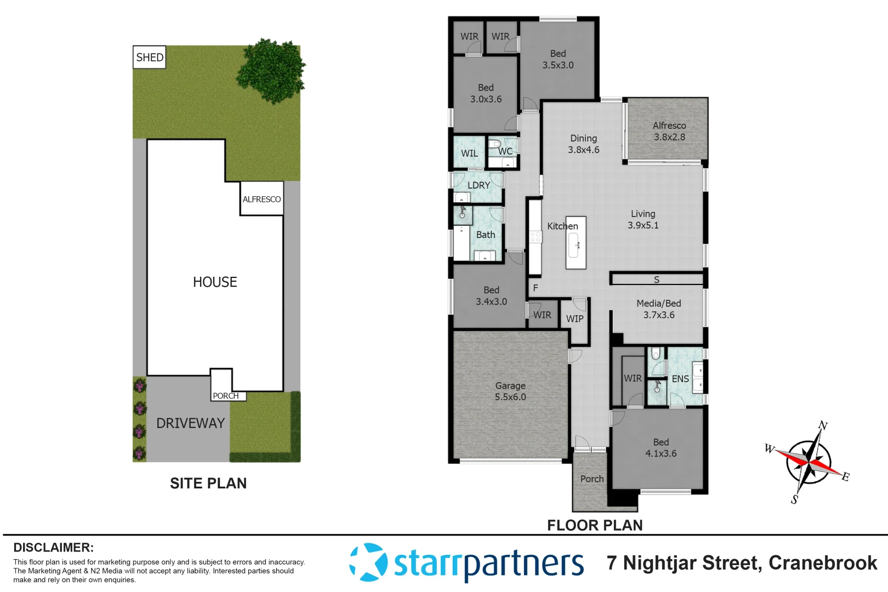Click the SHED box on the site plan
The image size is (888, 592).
149,58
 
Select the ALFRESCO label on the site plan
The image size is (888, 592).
261,200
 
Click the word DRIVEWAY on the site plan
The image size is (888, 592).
190,423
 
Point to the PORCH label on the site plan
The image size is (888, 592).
226,396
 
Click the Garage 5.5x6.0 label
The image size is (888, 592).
510,391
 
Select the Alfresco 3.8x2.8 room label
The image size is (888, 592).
669,132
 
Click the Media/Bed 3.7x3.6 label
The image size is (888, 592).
659,309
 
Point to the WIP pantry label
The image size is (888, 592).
574,318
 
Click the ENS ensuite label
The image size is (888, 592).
680,379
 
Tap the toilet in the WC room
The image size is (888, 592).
496,144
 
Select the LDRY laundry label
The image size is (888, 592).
479,185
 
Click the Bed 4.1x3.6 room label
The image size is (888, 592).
661,448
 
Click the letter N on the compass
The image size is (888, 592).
823,425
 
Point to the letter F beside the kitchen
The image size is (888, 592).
536,288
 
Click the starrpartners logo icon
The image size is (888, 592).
368,562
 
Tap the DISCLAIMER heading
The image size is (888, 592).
53,548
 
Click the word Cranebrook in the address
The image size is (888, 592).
822,563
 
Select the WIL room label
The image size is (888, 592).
469,153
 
